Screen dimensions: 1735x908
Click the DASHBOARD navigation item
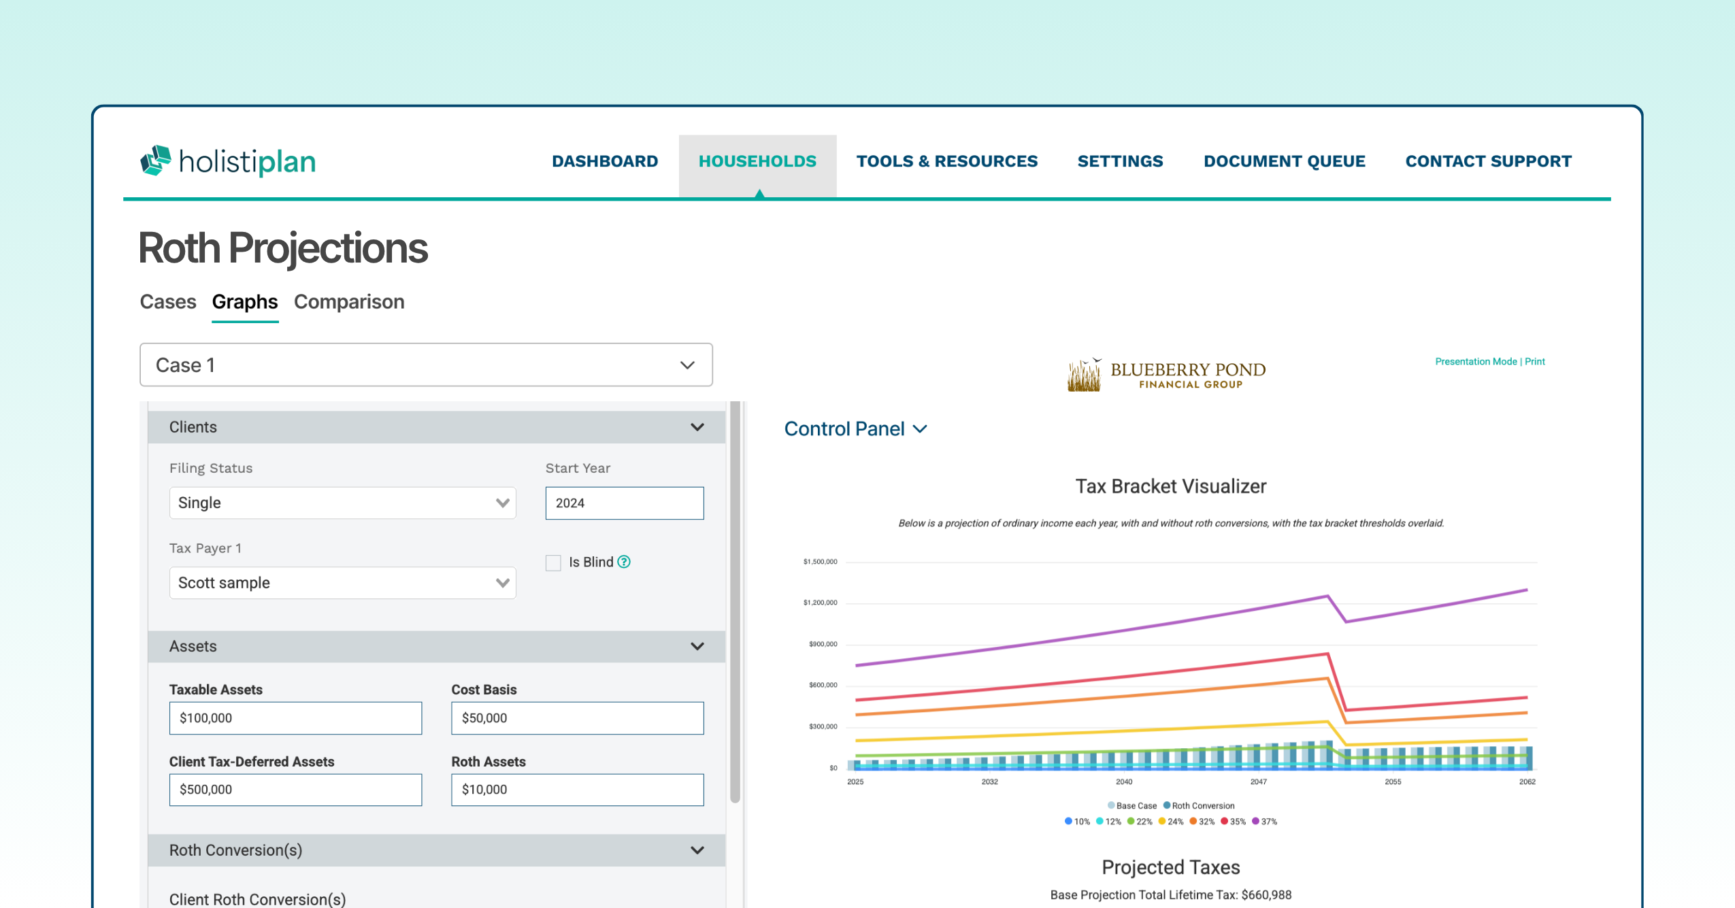(605, 161)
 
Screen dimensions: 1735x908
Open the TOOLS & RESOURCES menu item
(946, 161)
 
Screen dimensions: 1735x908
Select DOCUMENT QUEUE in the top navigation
(1284, 161)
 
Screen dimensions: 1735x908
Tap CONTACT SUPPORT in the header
(1488, 161)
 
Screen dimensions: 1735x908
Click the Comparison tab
(349, 301)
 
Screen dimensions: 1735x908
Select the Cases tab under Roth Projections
(168, 301)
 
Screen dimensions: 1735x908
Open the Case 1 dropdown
(426, 365)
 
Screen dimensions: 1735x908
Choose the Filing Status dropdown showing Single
(342, 503)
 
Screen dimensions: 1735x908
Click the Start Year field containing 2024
(624, 503)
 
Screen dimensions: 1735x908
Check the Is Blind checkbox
(553, 562)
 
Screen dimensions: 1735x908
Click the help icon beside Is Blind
(624, 562)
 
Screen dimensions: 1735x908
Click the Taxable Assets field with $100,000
(295, 718)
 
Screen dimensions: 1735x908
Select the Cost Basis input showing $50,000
(577, 718)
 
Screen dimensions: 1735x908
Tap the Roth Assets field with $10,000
(577, 789)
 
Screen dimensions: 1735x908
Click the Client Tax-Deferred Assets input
(295, 789)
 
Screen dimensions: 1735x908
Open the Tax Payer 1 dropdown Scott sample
(342, 583)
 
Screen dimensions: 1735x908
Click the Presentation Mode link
(1476, 361)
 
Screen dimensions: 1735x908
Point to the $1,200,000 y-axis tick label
(820, 603)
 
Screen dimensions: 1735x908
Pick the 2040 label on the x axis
(1124, 781)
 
